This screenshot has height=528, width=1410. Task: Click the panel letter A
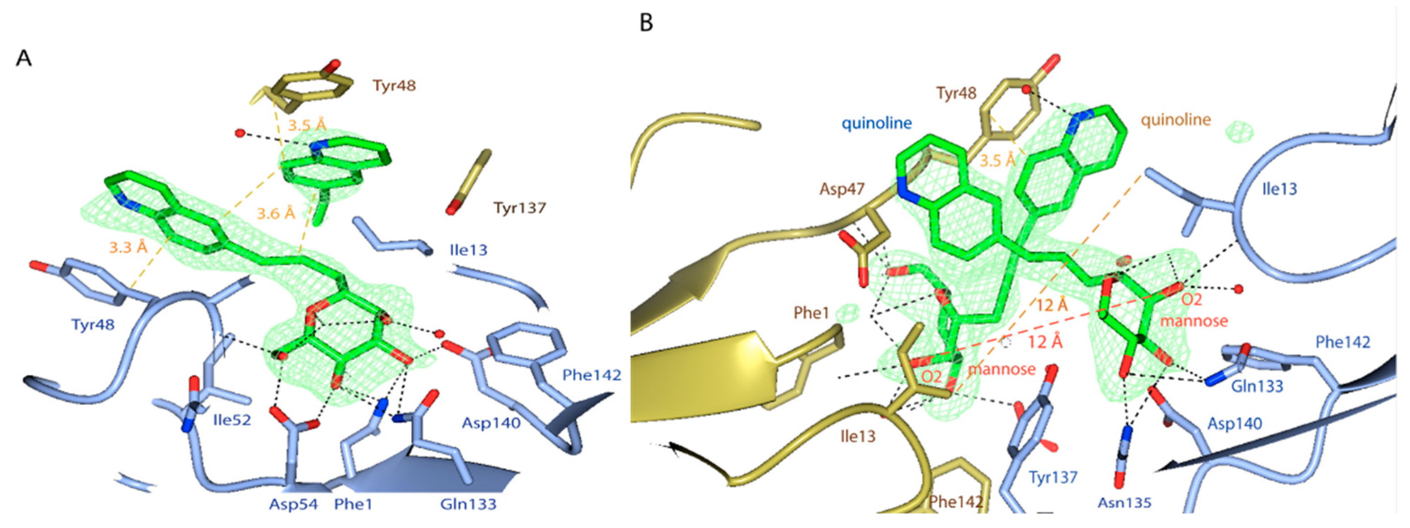[23, 58]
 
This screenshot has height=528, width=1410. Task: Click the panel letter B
[646, 23]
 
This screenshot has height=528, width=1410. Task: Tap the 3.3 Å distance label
[128, 248]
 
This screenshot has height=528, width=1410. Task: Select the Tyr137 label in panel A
[519, 208]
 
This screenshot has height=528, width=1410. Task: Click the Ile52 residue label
[232, 420]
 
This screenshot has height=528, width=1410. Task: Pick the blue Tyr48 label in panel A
[93, 324]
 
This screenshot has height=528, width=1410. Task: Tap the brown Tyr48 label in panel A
[394, 85]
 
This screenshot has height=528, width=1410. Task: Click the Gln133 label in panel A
[468, 504]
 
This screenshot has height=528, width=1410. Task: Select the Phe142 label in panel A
[592, 375]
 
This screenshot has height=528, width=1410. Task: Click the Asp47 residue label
[842, 189]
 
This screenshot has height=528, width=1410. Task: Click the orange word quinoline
[1175, 119]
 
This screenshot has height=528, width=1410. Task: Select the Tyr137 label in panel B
[1053, 478]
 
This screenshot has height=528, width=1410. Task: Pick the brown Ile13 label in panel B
[858, 437]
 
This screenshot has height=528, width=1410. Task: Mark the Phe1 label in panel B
[811, 313]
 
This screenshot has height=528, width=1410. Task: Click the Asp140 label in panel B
[1235, 424]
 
